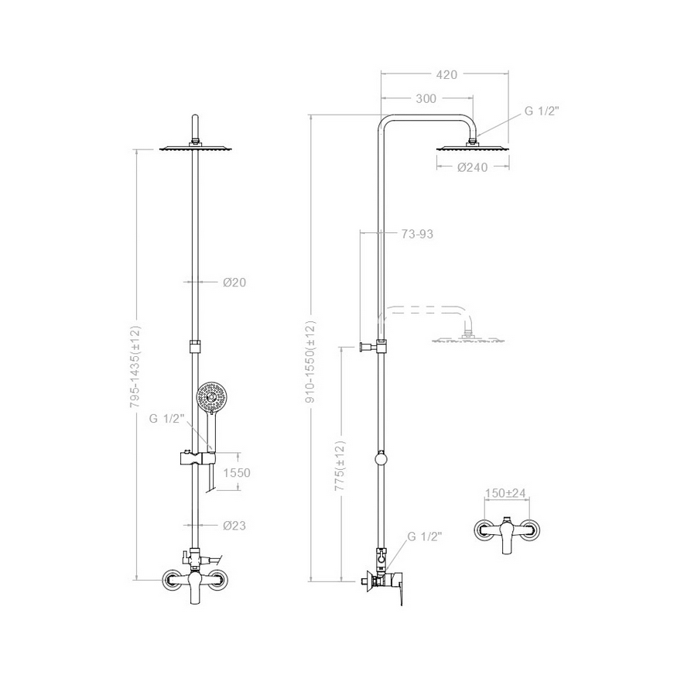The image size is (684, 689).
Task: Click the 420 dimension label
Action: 446,74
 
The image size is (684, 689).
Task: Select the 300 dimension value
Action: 426,99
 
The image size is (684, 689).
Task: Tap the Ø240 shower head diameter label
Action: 472,167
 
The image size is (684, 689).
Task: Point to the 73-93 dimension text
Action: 417,234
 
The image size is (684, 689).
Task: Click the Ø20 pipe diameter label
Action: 234,283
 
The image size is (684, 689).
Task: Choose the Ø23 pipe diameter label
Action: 234,526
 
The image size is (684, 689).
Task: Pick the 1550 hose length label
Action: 237,473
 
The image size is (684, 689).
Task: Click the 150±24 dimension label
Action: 505,493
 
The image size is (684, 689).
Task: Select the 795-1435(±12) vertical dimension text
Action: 135,372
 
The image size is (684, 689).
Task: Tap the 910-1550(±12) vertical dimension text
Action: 310,362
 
